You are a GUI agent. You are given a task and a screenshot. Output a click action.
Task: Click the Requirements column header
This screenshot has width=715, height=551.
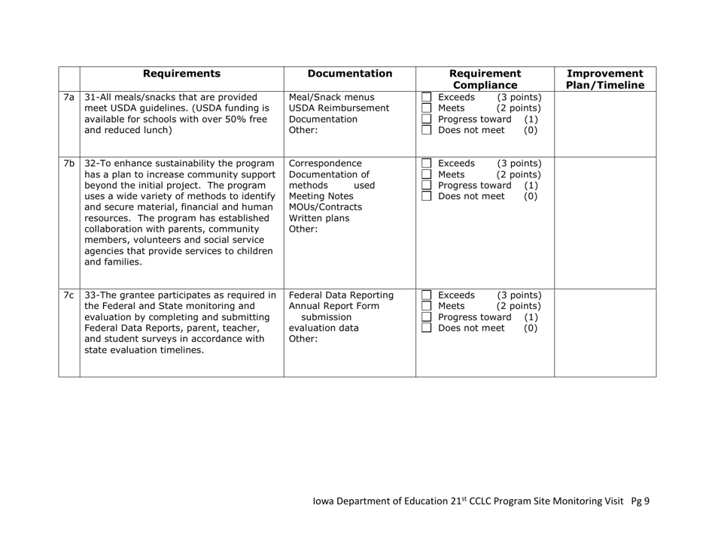point(181,74)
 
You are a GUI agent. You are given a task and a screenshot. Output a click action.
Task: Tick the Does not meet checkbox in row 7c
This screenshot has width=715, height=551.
point(427,328)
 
